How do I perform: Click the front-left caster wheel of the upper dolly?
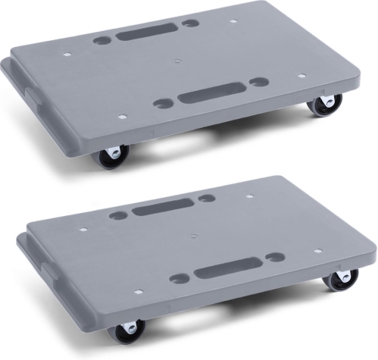pos(111,156)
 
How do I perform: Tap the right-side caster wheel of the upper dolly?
pos(323,105)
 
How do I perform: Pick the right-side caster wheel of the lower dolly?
pos(341,280)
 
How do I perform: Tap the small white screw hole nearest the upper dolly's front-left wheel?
pos(122,118)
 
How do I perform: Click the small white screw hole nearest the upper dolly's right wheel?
pos(301,76)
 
